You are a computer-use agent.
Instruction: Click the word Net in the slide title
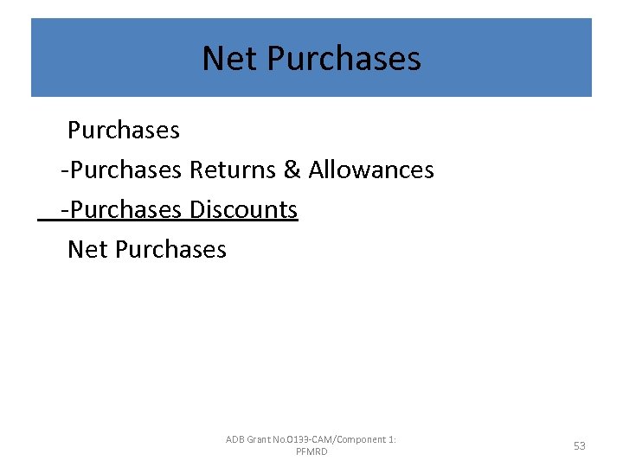[x=231, y=59]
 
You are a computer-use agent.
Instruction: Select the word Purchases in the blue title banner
[x=344, y=59]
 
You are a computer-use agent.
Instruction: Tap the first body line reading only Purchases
[x=124, y=130]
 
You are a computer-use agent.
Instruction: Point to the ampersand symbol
[x=292, y=170]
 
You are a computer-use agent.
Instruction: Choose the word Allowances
[x=371, y=170]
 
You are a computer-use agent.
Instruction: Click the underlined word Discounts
[x=243, y=209]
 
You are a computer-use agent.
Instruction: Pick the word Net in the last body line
[x=87, y=249]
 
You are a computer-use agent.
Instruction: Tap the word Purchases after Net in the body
[x=170, y=249]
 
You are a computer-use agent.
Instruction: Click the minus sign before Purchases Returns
[x=65, y=170]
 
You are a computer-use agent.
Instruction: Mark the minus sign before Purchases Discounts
[x=65, y=210]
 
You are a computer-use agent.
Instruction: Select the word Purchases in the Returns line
[x=126, y=170]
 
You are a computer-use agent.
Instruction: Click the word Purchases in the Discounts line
[x=126, y=209]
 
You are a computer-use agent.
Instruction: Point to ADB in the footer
[x=235, y=439]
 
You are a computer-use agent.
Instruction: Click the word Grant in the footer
[x=260, y=439]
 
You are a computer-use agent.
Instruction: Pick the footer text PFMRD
[x=311, y=452]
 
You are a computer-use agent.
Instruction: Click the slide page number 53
[x=579, y=445]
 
